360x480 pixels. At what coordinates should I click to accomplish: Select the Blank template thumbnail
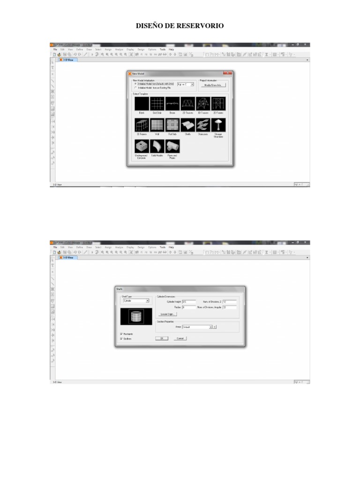(x=142, y=104)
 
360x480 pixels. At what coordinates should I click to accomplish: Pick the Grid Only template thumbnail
(x=157, y=104)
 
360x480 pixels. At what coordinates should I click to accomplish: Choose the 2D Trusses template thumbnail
(x=187, y=104)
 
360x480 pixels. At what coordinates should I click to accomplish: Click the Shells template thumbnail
(x=187, y=125)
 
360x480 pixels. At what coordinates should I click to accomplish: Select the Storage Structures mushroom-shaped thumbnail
(x=218, y=125)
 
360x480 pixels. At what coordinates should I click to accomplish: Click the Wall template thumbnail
(x=157, y=125)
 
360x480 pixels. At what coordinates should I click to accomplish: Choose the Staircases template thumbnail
(x=202, y=125)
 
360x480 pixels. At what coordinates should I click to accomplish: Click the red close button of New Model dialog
(x=227, y=74)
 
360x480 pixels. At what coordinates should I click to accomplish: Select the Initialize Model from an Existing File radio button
(x=135, y=88)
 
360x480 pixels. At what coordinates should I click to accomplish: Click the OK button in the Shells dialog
(x=161, y=338)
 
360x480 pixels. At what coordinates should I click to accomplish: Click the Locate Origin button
(x=167, y=314)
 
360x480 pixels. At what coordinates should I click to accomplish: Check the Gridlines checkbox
(x=121, y=338)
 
